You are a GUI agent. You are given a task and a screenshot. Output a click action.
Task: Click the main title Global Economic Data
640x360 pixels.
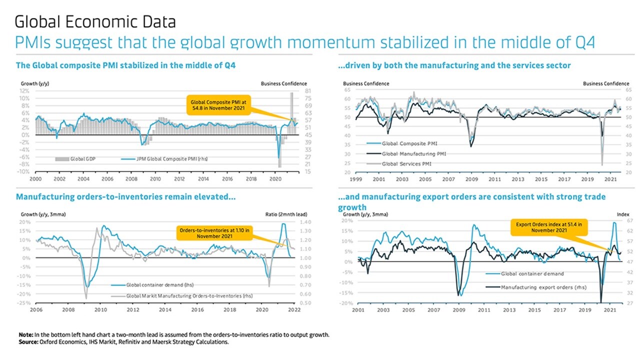coord(95,22)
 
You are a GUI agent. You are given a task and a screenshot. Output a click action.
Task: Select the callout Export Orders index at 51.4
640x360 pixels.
coord(548,228)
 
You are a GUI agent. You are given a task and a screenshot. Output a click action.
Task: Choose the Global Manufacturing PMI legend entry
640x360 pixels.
coord(413,153)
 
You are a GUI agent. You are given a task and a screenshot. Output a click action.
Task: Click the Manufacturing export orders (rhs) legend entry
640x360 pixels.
coord(543,287)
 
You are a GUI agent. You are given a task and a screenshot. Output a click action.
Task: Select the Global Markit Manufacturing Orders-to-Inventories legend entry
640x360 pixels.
coord(189,296)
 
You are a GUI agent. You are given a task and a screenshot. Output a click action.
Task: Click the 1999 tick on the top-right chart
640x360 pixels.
coord(355,178)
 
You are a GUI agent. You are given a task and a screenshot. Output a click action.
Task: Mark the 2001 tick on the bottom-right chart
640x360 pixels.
coord(358,310)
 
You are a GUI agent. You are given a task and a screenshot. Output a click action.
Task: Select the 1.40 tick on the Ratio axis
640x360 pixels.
coord(306,222)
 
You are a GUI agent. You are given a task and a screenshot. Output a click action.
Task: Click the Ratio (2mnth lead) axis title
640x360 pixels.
coord(287,214)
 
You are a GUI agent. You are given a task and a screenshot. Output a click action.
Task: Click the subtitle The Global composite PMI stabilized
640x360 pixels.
coord(125,65)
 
